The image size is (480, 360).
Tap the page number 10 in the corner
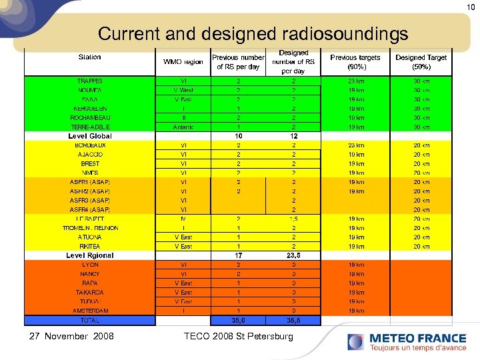point(470,6)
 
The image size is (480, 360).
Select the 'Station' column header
point(90,57)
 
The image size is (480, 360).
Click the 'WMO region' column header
point(183,62)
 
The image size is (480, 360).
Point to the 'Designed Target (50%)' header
point(421,62)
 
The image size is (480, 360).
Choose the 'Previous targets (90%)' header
point(355,62)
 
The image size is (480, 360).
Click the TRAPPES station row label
point(90,81)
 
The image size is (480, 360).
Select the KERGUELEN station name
point(90,109)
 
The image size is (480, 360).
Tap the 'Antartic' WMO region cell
point(183,127)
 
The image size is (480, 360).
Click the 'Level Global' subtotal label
point(90,136)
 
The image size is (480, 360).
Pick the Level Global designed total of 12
point(293,136)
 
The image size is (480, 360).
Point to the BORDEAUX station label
point(90,145)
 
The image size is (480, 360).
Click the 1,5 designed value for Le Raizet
point(293,219)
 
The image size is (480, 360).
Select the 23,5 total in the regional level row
point(293,255)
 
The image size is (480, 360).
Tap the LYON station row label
point(90,265)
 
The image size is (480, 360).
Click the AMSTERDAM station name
point(90,311)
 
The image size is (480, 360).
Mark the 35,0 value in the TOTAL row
point(238,320)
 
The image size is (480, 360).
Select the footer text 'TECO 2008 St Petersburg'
point(238,336)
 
